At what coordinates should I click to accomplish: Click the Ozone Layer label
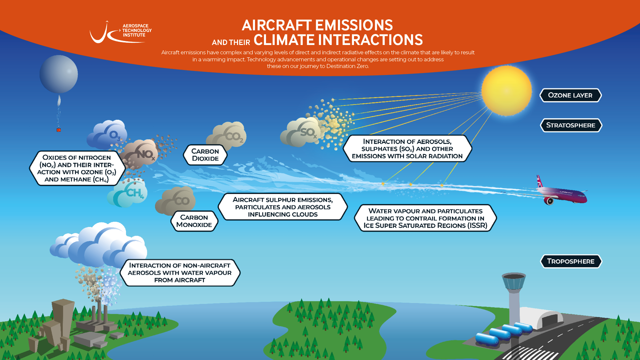tap(570, 95)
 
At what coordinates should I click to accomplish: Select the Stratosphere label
tap(571, 125)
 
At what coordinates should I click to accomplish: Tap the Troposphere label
tap(571, 261)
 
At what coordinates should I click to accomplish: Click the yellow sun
tap(506, 91)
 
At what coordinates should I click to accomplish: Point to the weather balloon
tap(59, 74)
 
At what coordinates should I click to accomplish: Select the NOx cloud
tap(139, 154)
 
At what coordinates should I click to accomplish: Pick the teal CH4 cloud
tap(127, 193)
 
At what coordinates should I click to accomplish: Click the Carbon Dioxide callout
tap(205, 155)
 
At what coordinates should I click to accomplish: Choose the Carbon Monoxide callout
tap(194, 221)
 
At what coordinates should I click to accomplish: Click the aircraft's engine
tap(548, 201)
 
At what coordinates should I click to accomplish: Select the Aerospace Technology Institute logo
tap(121, 32)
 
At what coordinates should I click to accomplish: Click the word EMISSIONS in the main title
tap(354, 25)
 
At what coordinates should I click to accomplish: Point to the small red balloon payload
tap(59, 130)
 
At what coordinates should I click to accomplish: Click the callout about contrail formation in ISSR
tap(425, 218)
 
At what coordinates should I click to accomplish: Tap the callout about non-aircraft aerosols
tap(180, 273)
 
